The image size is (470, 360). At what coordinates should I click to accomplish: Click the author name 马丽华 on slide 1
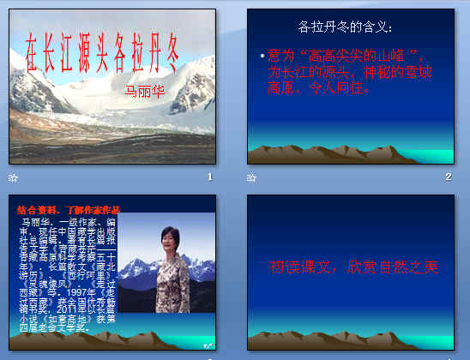pyautogui.click(x=144, y=89)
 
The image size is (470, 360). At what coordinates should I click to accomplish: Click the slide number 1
pyautogui.click(x=209, y=177)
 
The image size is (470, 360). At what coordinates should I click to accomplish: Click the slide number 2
pyautogui.click(x=448, y=177)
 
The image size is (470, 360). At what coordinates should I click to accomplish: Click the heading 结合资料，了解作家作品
pyautogui.click(x=69, y=209)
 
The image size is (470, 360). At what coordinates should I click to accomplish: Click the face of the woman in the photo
pyautogui.click(x=167, y=237)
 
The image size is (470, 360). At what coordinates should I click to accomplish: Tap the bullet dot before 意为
pyautogui.click(x=262, y=57)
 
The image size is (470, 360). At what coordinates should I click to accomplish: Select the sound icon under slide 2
pyautogui.click(x=251, y=177)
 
